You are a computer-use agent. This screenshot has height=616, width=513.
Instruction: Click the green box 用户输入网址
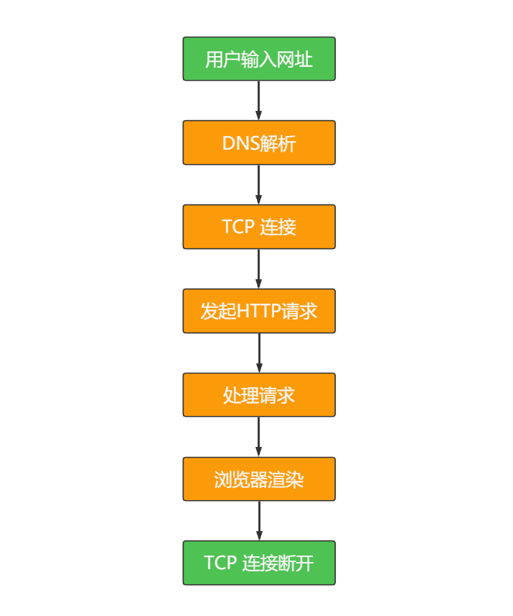[x=259, y=58]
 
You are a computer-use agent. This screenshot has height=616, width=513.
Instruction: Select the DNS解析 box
[x=259, y=142]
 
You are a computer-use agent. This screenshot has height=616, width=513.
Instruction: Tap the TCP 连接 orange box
[x=259, y=227]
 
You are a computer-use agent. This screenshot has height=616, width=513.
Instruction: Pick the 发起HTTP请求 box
[x=259, y=311]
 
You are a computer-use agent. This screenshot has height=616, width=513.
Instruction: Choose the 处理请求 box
[x=259, y=394]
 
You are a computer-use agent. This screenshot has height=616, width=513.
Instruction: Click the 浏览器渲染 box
[x=259, y=479]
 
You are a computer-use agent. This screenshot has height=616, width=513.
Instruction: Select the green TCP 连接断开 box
[x=259, y=563]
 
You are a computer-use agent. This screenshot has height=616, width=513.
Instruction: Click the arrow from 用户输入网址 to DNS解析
[x=259, y=100]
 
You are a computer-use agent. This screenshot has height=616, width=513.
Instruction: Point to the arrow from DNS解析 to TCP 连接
[x=259, y=184]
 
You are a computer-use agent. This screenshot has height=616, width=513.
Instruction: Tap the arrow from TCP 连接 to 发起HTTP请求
[x=259, y=268]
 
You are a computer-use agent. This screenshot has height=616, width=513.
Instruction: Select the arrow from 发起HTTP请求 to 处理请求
[x=259, y=353]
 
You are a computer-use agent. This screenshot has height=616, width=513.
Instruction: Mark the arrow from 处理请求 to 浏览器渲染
[x=259, y=437]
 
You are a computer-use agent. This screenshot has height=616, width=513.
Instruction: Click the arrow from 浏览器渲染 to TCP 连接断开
[x=259, y=520]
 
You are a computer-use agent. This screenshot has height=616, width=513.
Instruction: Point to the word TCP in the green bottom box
[x=220, y=563]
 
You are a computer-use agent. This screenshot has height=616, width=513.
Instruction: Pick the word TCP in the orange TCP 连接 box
[x=237, y=227]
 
